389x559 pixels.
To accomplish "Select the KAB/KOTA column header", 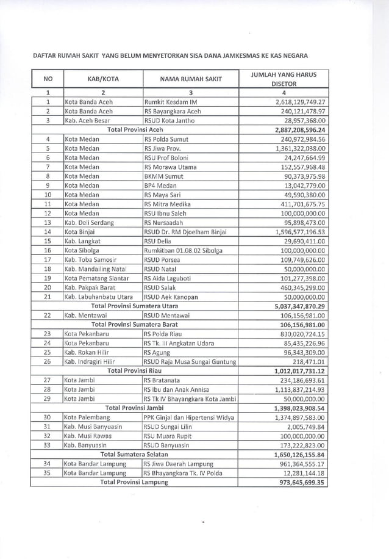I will (x=102, y=79).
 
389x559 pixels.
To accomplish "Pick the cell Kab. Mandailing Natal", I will (x=96, y=269).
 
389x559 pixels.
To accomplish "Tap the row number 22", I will (x=47, y=315).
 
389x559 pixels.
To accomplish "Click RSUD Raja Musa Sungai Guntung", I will (x=189, y=361).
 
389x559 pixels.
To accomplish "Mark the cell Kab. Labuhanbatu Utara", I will (x=99, y=297).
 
